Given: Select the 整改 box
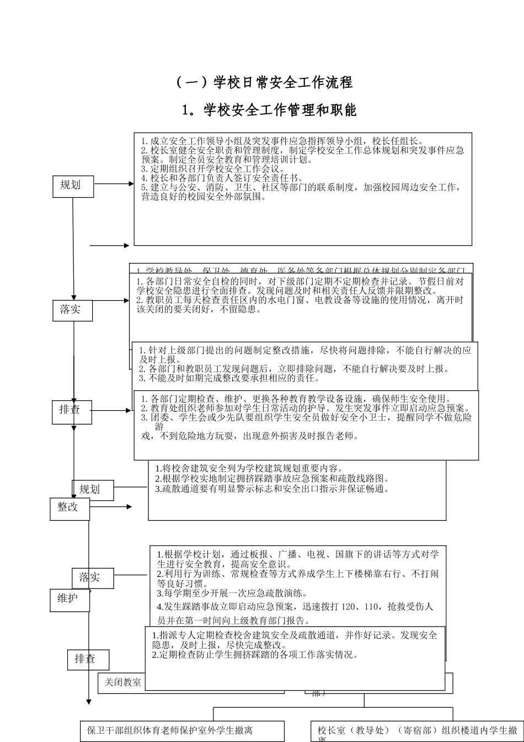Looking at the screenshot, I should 69,507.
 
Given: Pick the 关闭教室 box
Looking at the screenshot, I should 122,682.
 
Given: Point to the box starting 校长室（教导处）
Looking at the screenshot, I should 418,730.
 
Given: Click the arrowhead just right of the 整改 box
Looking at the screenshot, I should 129,506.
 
